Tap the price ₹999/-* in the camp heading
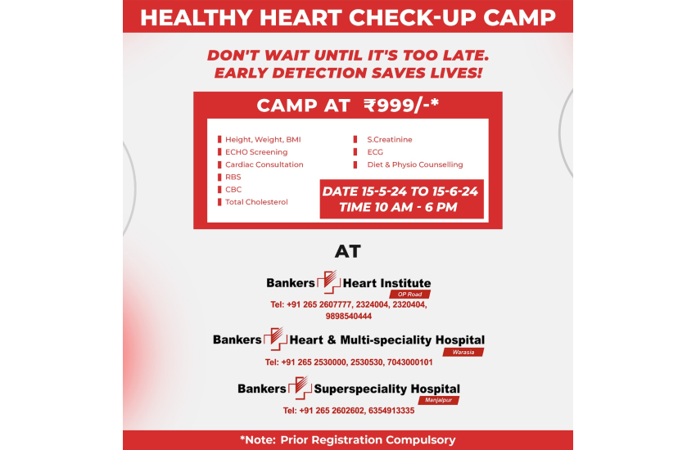(x=401, y=106)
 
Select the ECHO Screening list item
(x=256, y=152)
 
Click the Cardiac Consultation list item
(x=264, y=164)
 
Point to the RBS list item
(x=233, y=177)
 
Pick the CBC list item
(x=233, y=189)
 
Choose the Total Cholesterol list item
(x=256, y=202)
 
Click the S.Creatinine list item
(x=389, y=140)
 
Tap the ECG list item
(x=375, y=152)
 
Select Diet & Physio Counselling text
(x=414, y=164)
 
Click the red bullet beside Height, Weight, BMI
(x=219, y=139)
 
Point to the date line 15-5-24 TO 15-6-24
(x=400, y=191)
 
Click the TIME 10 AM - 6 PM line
(x=398, y=207)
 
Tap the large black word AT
(x=347, y=251)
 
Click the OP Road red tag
(x=409, y=295)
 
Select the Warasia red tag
(x=463, y=352)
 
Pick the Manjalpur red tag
(x=439, y=400)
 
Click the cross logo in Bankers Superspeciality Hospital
(x=300, y=388)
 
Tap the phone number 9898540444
(x=349, y=317)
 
